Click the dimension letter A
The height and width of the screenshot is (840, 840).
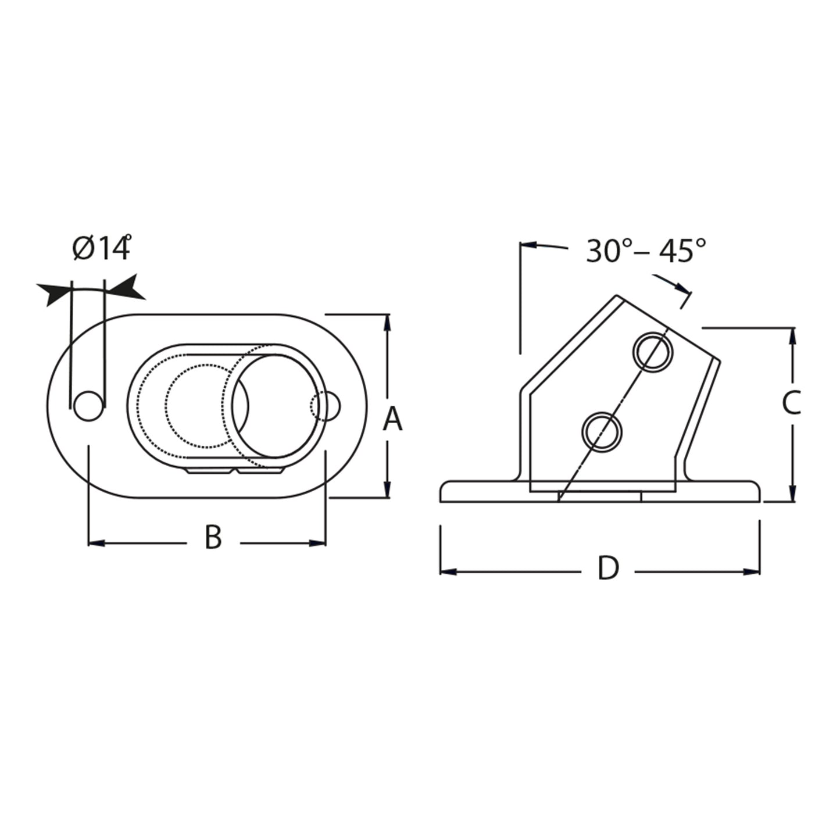pyautogui.click(x=393, y=419)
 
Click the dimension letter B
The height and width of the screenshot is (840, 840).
pyautogui.click(x=213, y=538)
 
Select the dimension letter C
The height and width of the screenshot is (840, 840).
pyautogui.click(x=791, y=403)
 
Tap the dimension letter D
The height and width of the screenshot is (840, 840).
pyautogui.click(x=608, y=569)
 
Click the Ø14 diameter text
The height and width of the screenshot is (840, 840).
pyautogui.click(x=101, y=249)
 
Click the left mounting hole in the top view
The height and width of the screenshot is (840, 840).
pyautogui.click(x=87, y=406)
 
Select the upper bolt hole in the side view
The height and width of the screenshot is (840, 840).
pyautogui.click(x=654, y=351)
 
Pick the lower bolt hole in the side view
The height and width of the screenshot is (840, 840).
pyautogui.click(x=602, y=431)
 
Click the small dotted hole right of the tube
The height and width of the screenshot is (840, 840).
pyautogui.click(x=324, y=406)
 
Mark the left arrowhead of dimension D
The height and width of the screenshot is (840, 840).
pyautogui.click(x=448, y=572)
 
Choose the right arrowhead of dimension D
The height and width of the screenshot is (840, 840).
pyautogui.click(x=753, y=572)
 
